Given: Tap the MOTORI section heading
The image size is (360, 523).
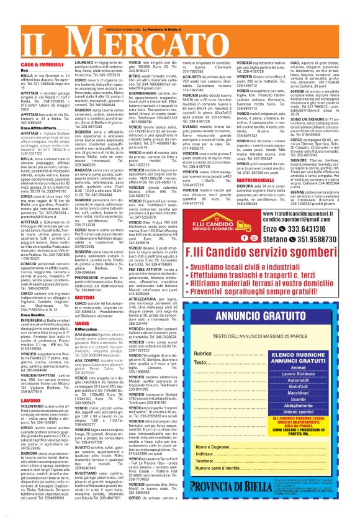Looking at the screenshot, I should tap(84, 298).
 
